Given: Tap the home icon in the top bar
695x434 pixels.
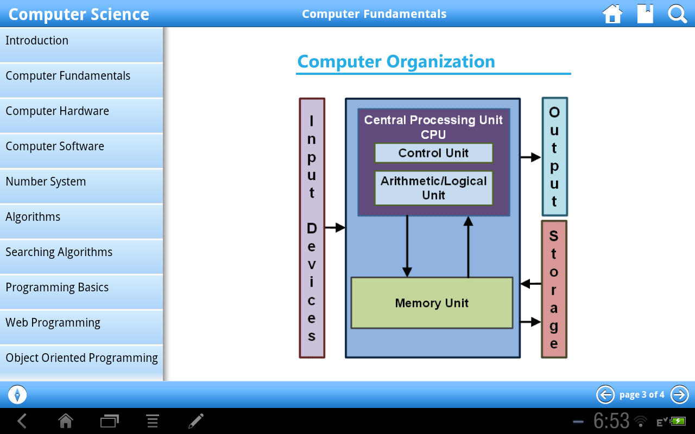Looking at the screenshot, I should [x=612, y=14].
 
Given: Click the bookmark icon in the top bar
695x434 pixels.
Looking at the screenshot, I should [x=645, y=14].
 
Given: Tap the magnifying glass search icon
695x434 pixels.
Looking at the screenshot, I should [x=678, y=14].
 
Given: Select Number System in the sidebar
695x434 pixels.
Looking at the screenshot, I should [x=81, y=182].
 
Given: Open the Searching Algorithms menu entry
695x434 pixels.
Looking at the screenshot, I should [x=81, y=252].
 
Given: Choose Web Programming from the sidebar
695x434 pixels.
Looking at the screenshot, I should [x=81, y=323].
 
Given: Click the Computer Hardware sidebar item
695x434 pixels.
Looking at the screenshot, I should [x=81, y=111].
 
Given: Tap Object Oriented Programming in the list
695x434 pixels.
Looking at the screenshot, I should [x=81, y=358].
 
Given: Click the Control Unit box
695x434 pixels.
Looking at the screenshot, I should [x=433, y=153].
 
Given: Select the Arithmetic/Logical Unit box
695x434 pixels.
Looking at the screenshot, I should [x=433, y=188].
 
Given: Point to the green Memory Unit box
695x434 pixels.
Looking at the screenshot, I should [x=432, y=303].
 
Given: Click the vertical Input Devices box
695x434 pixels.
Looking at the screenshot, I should [x=312, y=228].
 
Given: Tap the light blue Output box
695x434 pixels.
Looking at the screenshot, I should [x=554, y=157].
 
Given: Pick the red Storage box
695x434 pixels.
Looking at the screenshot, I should [x=554, y=289].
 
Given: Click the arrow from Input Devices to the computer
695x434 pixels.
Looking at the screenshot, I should [x=335, y=228].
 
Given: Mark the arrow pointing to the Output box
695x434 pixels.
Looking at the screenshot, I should [x=530, y=157].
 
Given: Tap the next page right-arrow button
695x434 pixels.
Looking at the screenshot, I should [x=679, y=394].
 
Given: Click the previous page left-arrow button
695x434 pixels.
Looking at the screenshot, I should [x=605, y=394].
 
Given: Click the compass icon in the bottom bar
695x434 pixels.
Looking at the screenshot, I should [x=17, y=394].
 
